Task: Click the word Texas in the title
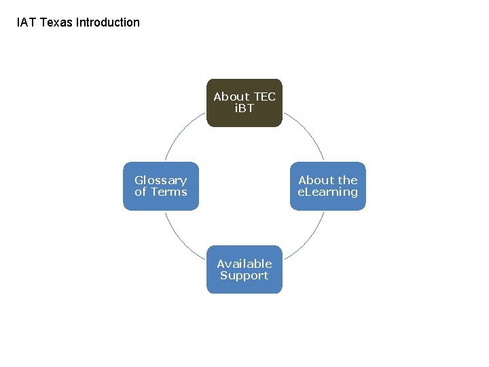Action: click(x=56, y=22)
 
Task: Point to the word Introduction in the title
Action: click(x=108, y=22)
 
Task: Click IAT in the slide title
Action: click(x=26, y=22)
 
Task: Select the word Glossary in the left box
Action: click(x=160, y=180)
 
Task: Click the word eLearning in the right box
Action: click(x=327, y=192)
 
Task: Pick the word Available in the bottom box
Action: click(x=244, y=264)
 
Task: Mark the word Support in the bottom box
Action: click(x=244, y=275)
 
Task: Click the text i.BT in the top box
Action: click(x=244, y=108)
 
